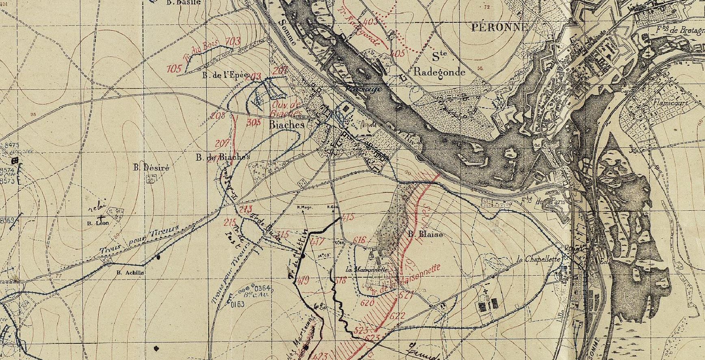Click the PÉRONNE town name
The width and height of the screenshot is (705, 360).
tap(500, 27)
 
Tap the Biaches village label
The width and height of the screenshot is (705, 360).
tap(287, 125)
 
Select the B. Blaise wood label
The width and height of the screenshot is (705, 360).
tap(425, 234)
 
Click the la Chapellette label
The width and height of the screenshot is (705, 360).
tap(538, 259)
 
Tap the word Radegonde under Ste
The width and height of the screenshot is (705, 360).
tap(439, 72)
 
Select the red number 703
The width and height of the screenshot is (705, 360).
tap(233, 41)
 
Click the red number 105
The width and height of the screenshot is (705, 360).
tap(174, 68)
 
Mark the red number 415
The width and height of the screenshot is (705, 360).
tap(348, 217)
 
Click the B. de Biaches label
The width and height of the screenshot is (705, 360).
tap(223, 157)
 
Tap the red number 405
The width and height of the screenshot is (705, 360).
tap(397, 53)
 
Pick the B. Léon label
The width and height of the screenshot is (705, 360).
tap(96, 223)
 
